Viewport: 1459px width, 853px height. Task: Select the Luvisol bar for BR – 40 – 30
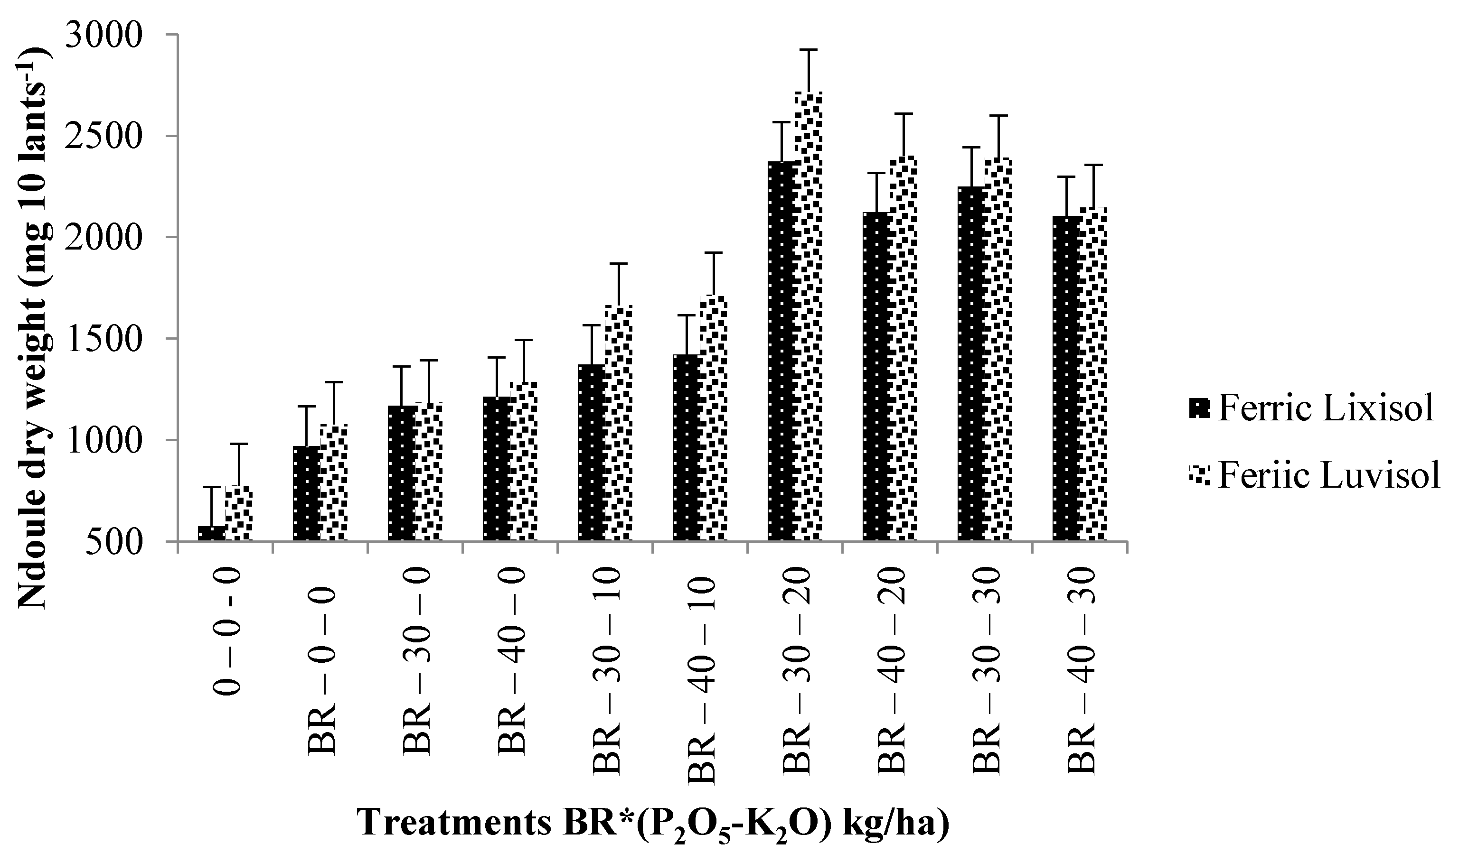[x=1093, y=374]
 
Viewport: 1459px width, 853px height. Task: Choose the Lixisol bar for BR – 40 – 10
[x=687, y=448]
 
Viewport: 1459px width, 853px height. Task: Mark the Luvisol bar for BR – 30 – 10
[x=618, y=422]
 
